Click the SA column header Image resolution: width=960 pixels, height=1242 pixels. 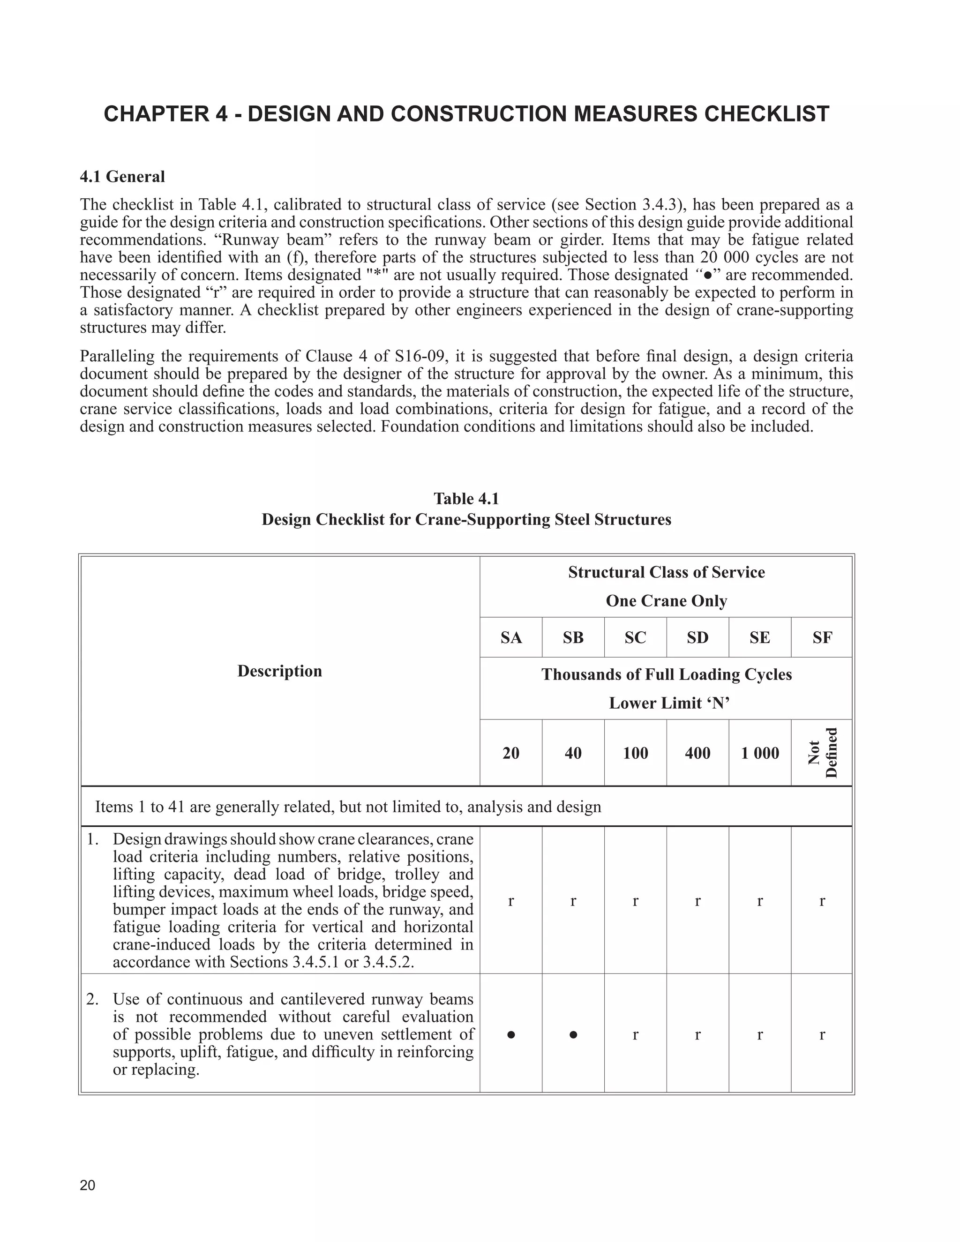coord(511,638)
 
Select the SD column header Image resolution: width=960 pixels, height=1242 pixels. coord(697,638)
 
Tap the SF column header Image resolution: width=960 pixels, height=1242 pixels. coord(822,638)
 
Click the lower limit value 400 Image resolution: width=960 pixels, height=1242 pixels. coord(697,754)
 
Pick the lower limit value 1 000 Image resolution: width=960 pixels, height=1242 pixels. coord(760,754)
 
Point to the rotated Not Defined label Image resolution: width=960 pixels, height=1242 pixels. coord(822,753)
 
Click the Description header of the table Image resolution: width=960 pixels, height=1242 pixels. coord(279,671)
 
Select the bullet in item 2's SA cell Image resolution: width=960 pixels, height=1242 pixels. coord(511,1035)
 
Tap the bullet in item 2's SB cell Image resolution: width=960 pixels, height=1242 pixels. coord(573,1035)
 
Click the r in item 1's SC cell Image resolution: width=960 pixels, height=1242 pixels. coord(635,901)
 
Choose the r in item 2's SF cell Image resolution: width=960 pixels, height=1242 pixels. coord(822,1035)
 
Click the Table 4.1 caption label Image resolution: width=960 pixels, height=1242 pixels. coord(466,499)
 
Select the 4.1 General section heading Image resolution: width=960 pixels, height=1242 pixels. coord(122,177)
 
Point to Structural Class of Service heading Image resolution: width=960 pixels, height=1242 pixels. coord(666,572)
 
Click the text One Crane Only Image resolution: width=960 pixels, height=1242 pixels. coord(666,601)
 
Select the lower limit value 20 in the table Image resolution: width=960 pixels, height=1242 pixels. coord(511,754)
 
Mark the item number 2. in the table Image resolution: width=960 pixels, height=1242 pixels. coord(93,999)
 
